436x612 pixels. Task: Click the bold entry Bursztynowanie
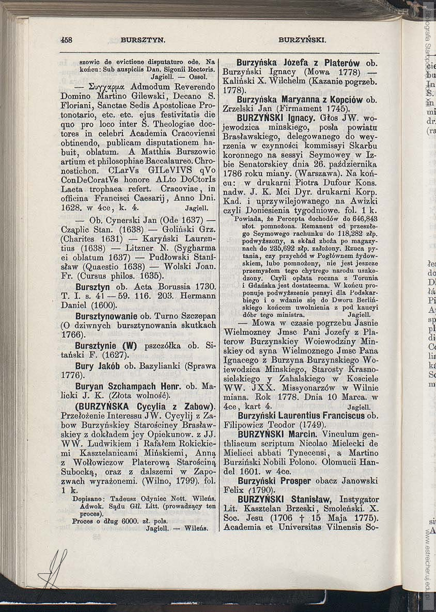coord(106,316)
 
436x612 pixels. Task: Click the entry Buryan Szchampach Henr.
coord(129,386)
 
